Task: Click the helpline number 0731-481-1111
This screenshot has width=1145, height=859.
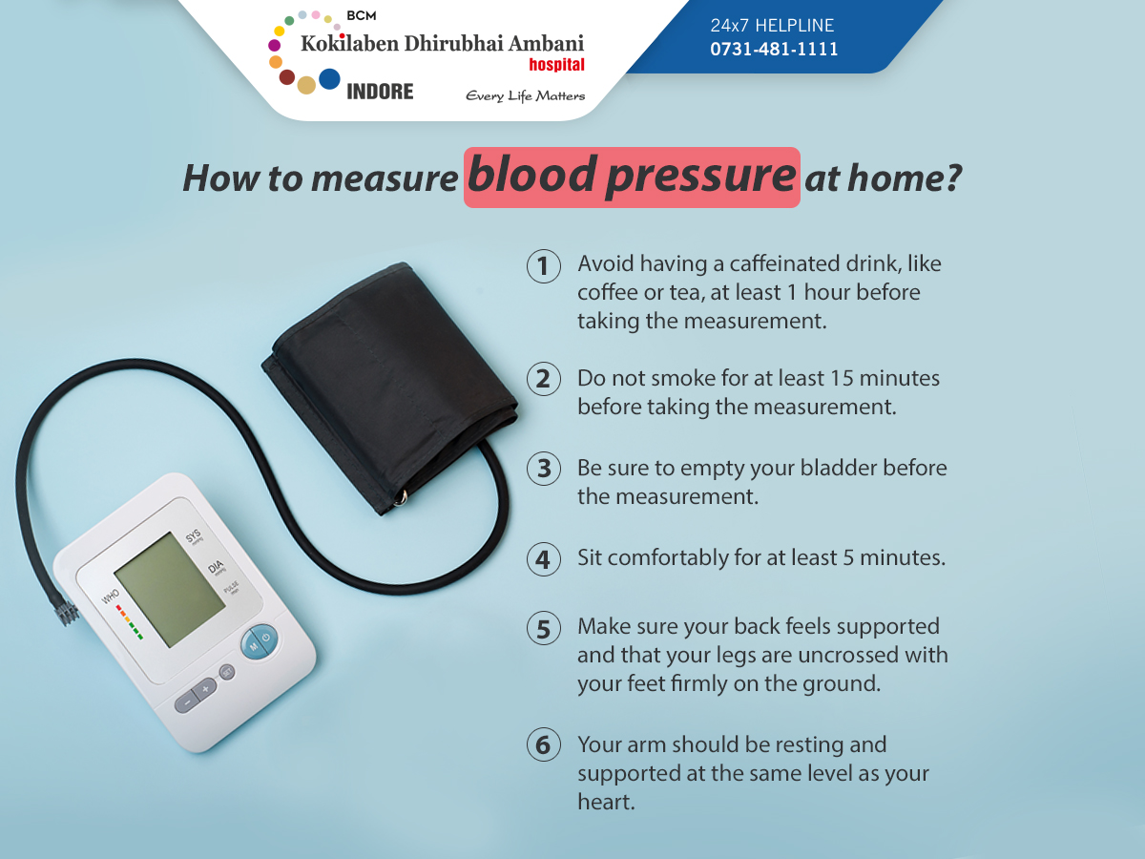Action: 774,49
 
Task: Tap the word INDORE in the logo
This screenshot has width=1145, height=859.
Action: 380,92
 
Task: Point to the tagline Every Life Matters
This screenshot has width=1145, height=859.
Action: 526,96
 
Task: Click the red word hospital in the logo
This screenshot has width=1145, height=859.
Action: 556,65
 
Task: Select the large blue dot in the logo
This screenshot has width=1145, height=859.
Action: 329,79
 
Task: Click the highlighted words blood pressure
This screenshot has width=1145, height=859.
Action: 632,177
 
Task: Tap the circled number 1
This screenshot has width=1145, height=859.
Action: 544,266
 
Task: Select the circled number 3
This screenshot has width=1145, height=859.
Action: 544,469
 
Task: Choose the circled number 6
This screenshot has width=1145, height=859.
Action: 544,744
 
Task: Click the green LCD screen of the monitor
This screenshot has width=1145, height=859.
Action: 170,590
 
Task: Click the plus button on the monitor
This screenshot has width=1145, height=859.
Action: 205,689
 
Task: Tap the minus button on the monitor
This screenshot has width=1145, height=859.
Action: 186,702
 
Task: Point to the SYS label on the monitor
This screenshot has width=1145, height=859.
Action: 193,535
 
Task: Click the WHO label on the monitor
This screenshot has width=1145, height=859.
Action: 110,597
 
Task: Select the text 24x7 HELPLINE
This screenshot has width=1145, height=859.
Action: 772,25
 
